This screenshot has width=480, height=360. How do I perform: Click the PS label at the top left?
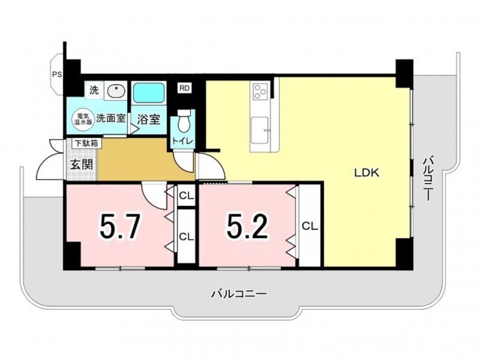pos(56,74)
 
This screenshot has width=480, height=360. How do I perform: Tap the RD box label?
pos(184,88)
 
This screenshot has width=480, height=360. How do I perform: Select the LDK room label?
pos(367,173)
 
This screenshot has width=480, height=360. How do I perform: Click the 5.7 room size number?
pos(120,227)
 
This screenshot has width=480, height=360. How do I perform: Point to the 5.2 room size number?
pos(248,227)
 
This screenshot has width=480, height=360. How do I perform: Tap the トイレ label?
pos(183,141)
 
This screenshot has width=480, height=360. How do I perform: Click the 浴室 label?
pos(149,119)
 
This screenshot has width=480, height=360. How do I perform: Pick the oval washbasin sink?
pos(116,91)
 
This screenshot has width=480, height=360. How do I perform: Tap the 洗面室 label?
pos(111,118)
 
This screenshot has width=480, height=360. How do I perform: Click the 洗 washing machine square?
pos(94,91)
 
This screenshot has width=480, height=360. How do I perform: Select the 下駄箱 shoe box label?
pos(86,143)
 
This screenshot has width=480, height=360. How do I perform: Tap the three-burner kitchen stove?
pos(260,91)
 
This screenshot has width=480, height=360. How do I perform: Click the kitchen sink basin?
pos(260,130)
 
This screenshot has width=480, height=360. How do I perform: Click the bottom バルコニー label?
pos(239,295)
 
